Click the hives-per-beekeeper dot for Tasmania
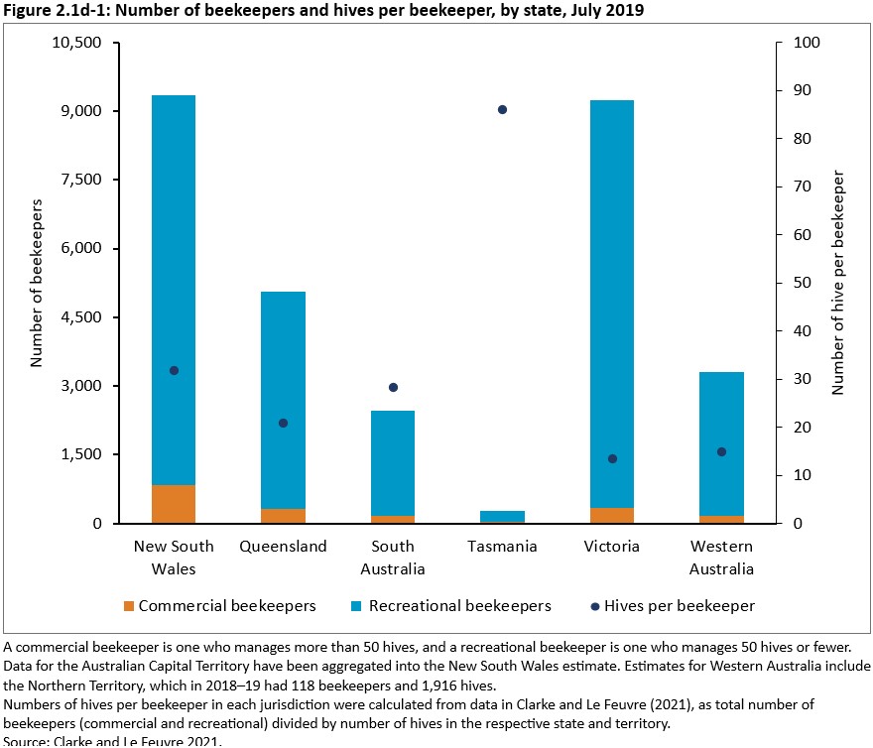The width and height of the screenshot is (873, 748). (x=502, y=109)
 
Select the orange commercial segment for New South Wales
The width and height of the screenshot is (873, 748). (x=174, y=504)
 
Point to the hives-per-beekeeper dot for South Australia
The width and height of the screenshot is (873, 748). (x=393, y=387)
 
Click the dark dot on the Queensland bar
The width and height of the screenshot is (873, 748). (x=283, y=423)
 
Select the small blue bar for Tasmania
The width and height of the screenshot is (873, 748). (x=502, y=516)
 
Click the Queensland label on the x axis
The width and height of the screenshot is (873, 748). (x=283, y=547)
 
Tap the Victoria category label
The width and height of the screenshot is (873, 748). (x=612, y=547)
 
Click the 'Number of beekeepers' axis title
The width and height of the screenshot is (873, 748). (x=37, y=284)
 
